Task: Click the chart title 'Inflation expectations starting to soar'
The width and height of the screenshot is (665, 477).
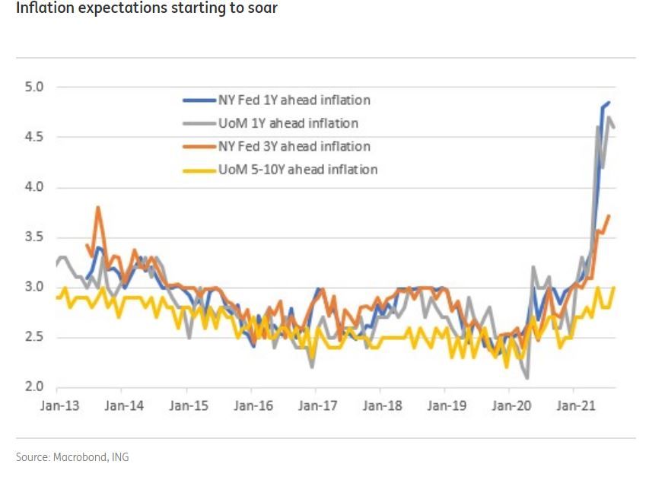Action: click(146, 10)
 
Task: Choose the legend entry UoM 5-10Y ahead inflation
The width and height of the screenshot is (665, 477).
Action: click(297, 169)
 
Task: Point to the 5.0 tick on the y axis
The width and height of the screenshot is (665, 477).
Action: click(35, 87)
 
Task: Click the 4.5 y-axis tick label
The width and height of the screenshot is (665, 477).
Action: click(35, 137)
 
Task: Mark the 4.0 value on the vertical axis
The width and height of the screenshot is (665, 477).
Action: click(35, 187)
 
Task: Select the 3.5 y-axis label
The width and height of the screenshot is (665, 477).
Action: click(35, 237)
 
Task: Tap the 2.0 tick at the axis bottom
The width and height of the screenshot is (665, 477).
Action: click(35, 386)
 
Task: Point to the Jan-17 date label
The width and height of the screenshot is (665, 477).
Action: click(317, 405)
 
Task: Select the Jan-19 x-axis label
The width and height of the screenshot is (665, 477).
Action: click(447, 405)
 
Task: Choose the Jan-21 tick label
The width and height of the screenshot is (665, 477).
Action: click(576, 405)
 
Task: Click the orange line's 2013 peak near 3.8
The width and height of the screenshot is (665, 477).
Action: click(97, 207)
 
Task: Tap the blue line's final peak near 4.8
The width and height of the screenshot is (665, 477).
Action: click(609, 103)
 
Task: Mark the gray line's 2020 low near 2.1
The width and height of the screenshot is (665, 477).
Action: click(527, 377)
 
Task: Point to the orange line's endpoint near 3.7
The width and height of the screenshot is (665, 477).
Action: click(609, 216)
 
